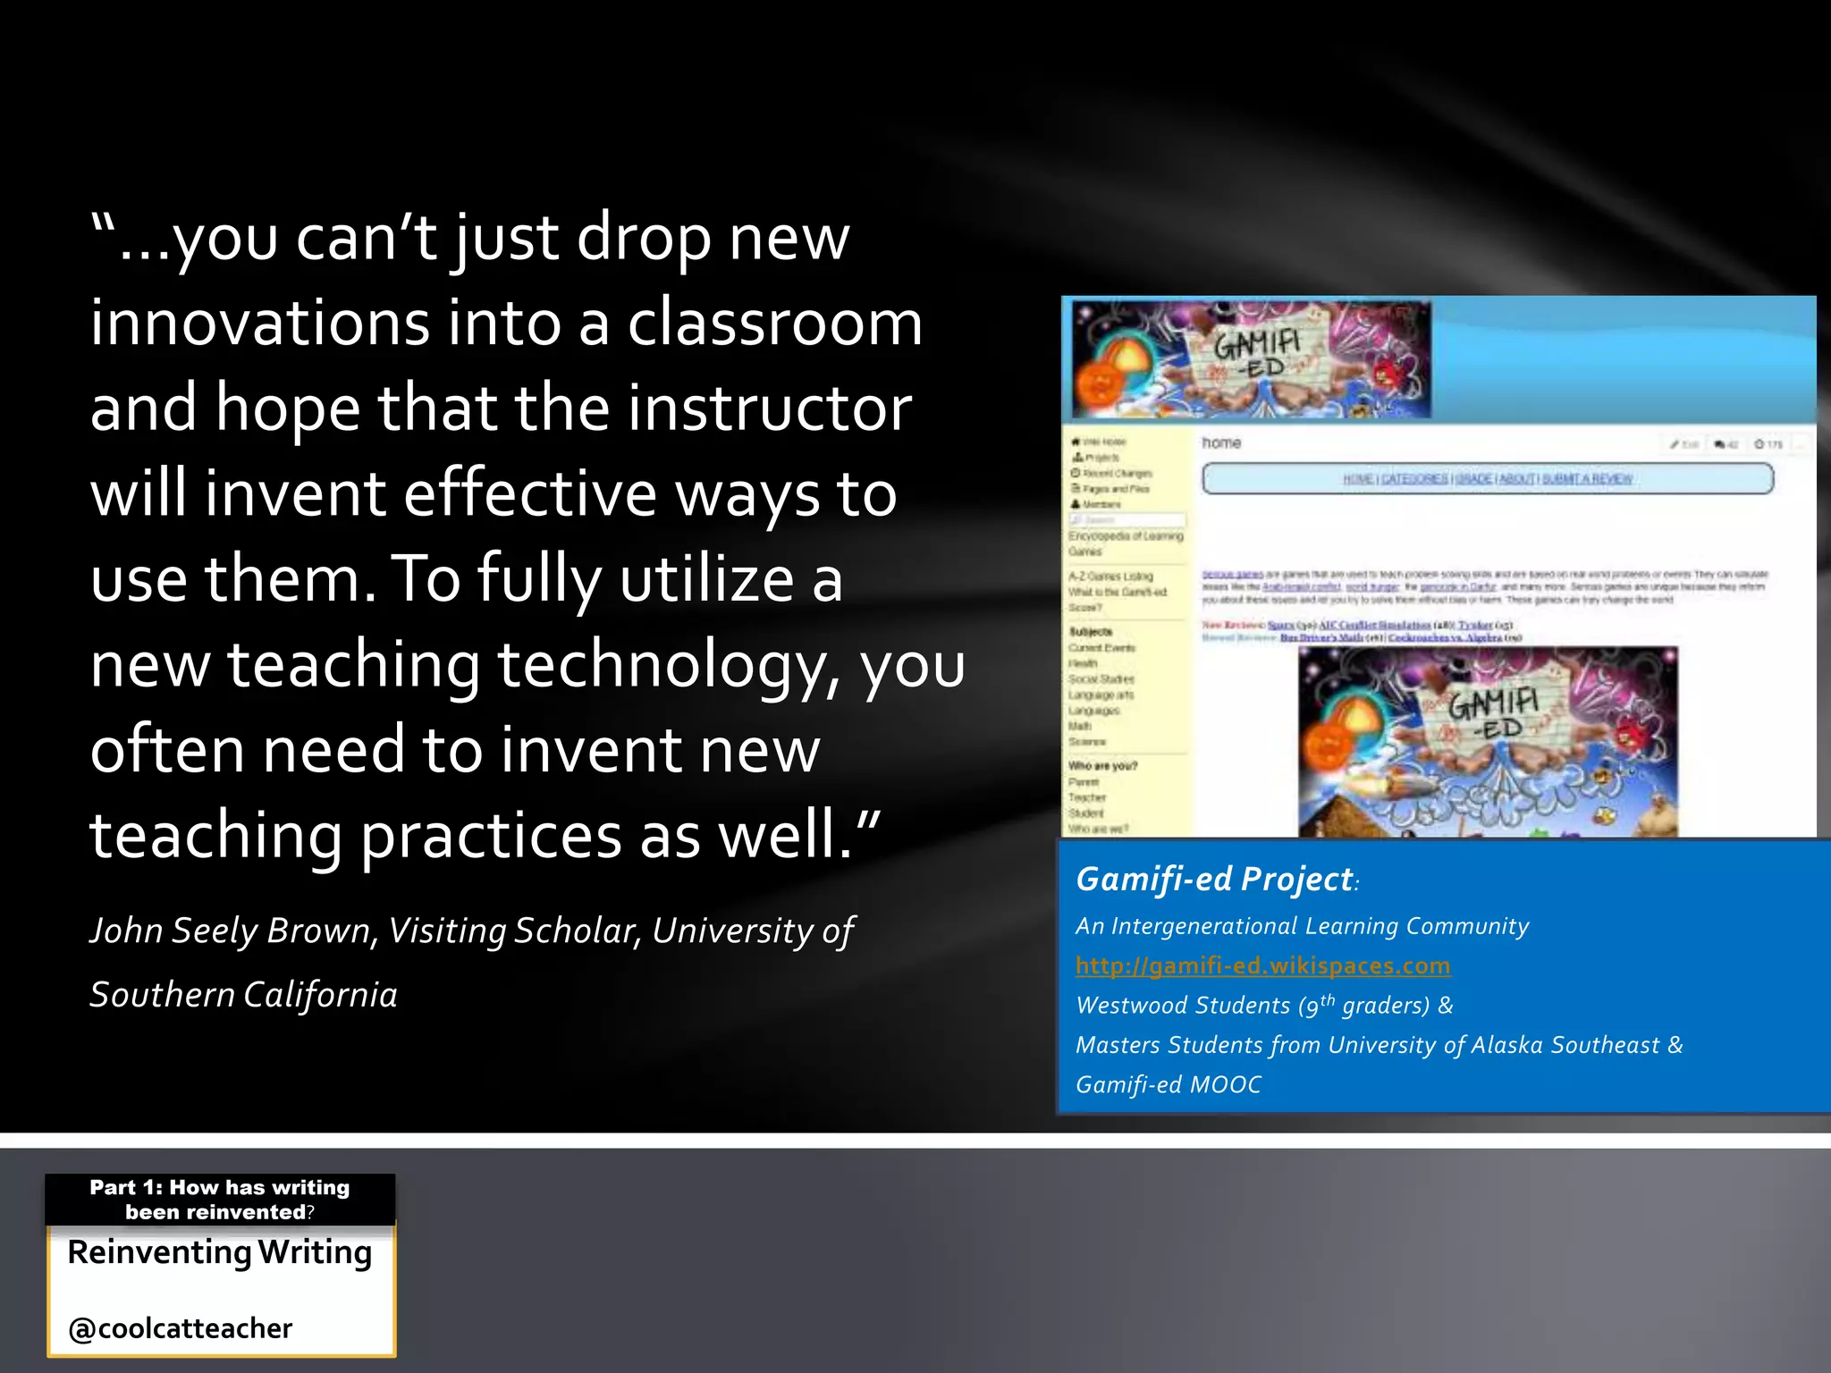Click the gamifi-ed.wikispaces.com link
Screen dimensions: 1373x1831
[x=1262, y=966]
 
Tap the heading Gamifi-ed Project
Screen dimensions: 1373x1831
[x=1214, y=880]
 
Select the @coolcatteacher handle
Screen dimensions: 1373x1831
[x=181, y=1328]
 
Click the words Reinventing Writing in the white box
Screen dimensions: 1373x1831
[x=220, y=1253]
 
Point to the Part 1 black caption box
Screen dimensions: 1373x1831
[x=220, y=1200]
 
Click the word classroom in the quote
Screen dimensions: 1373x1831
[x=774, y=323]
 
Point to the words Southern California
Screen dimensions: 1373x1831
[x=243, y=995]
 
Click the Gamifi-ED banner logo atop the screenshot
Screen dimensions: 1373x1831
[x=1252, y=359]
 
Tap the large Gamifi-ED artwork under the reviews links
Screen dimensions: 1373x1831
[x=1488, y=742]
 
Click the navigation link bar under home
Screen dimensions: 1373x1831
[x=1488, y=479]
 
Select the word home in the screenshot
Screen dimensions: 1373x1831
[x=1221, y=443]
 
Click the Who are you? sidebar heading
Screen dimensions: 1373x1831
[x=1102, y=766]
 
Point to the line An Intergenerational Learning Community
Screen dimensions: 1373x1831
[x=1302, y=926]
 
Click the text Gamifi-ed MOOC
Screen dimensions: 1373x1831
[x=1168, y=1085]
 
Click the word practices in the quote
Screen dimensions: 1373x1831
[x=490, y=836]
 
